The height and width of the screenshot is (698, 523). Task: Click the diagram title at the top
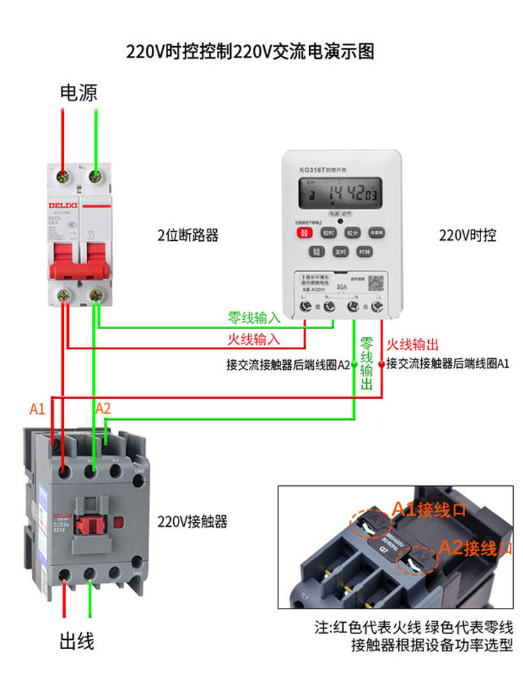click(x=250, y=52)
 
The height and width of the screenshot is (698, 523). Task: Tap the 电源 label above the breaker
click(x=79, y=93)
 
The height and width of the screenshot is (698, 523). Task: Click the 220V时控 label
click(x=467, y=235)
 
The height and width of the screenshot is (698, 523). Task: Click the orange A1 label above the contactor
click(x=38, y=409)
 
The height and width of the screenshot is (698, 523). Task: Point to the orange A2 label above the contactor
click(x=103, y=408)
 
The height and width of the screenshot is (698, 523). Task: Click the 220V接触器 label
click(x=192, y=521)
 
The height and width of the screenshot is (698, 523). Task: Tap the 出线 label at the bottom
click(x=76, y=641)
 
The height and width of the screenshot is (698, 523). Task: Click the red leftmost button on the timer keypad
click(x=305, y=234)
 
